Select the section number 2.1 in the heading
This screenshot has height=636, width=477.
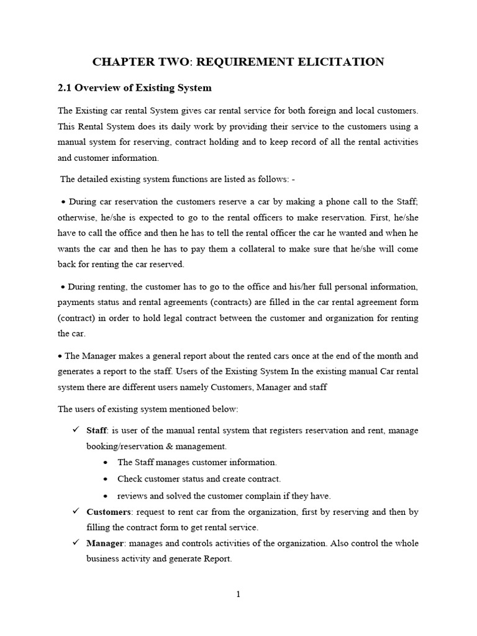[66, 88]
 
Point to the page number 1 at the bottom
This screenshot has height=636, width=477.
[238, 594]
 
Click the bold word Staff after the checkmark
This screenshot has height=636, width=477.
[96, 430]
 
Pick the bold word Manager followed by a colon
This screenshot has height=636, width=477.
[106, 543]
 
